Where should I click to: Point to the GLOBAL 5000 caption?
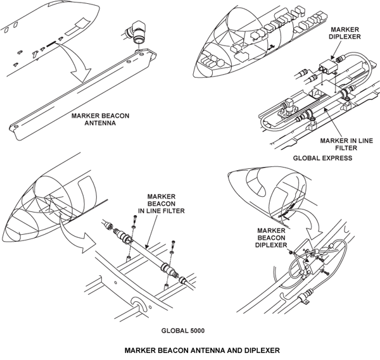pyautogui.click(x=186, y=330)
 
